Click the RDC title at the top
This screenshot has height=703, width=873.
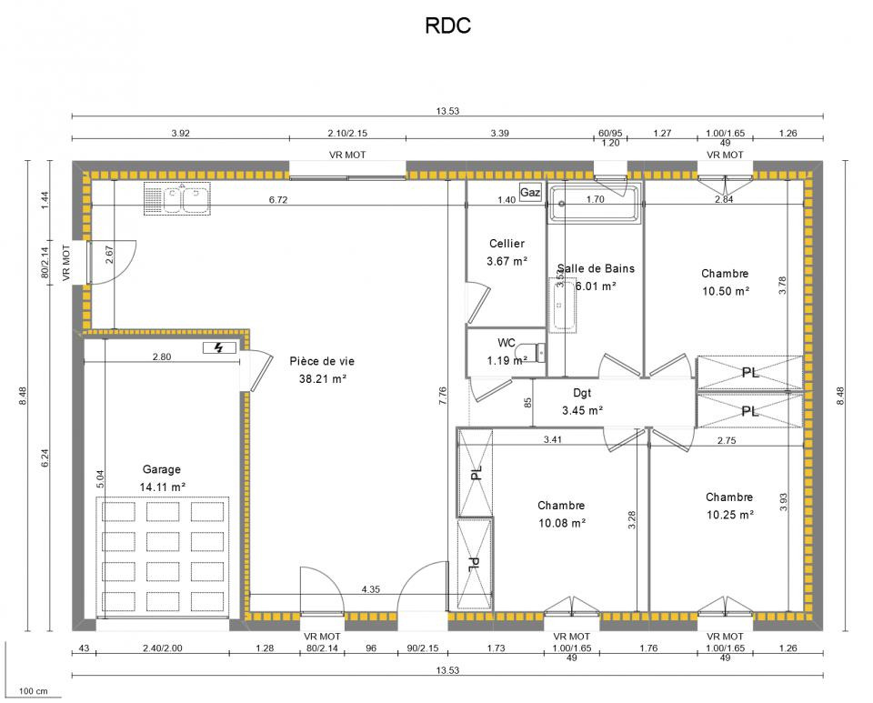pos(447,25)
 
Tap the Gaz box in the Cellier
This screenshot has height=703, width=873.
pos(529,192)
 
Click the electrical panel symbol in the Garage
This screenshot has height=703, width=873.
pos(219,348)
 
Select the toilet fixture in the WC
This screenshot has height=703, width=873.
pos(531,352)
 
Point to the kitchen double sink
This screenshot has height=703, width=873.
pos(177,198)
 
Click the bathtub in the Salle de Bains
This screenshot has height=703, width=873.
pos(595,204)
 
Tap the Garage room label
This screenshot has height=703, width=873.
pos(162,469)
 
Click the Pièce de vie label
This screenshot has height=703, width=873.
pos(322,361)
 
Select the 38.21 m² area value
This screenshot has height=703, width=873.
pos(323,379)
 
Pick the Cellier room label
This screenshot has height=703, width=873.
pos(507,243)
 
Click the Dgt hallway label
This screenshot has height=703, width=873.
pos(582,393)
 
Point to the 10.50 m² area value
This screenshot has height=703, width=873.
pos(726,291)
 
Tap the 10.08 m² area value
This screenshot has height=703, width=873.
pos(562,523)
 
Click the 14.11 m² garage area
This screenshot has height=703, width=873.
pos(163,487)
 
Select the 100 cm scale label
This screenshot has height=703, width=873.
pos(34,691)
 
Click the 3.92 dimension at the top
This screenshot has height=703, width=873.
pos(180,133)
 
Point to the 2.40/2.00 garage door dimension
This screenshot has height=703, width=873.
pos(163,648)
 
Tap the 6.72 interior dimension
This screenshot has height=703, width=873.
pos(278,199)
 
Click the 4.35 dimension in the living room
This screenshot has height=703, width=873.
pos(370,589)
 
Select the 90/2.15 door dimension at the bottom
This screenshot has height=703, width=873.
pos(423,648)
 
